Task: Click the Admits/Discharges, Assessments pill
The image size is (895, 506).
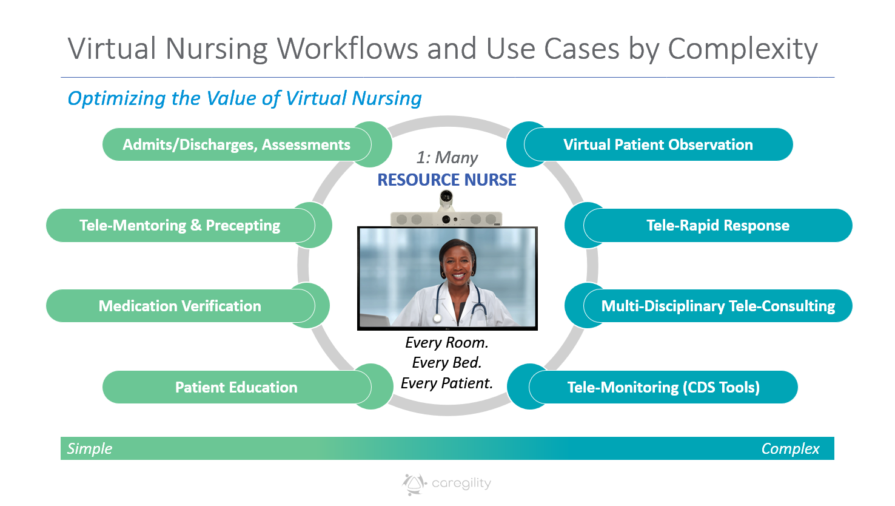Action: point(236,144)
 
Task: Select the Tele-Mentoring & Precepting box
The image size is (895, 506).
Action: point(180,226)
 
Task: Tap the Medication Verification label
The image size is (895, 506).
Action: point(180,306)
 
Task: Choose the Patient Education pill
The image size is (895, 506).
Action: point(236,387)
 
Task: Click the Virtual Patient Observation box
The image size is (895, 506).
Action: point(658,144)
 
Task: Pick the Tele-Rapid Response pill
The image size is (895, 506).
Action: point(718,226)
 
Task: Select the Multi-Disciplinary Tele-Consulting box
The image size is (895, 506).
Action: point(718,306)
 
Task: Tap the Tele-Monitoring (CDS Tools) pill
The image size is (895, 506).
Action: point(663,387)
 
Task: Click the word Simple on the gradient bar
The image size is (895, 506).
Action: point(90,448)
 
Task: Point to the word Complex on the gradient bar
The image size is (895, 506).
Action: point(790,448)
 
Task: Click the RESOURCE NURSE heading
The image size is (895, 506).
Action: point(447,180)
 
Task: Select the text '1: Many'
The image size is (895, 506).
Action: point(447,158)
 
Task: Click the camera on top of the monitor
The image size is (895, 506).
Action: point(446,198)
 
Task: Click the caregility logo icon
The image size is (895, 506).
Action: point(414,484)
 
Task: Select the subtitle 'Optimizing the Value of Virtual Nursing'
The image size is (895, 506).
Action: point(244,98)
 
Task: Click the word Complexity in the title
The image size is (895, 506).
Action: point(742,49)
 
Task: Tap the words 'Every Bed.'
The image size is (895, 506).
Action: point(447,363)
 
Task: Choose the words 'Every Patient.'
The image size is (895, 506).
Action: point(447,383)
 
